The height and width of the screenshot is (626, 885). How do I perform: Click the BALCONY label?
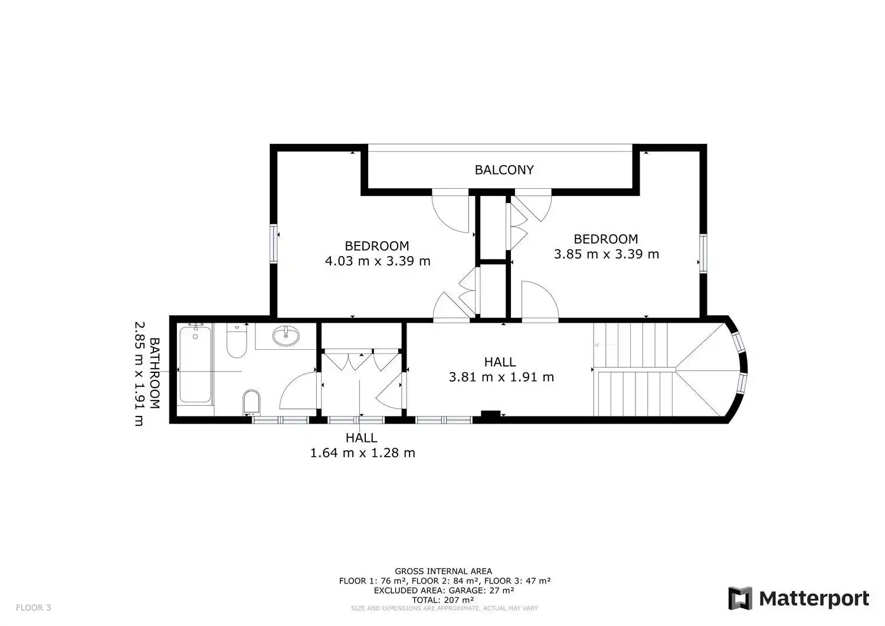[x=504, y=170]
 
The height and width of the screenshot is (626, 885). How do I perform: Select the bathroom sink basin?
[x=286, y=336]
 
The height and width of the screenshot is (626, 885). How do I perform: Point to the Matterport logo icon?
[x=740, y=598]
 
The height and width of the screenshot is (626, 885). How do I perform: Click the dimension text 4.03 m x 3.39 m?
[x=378, y=261]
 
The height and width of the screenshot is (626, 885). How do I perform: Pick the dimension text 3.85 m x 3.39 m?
[x=606, y=254]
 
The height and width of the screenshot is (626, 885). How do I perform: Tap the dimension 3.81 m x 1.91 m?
[x=501, y=377]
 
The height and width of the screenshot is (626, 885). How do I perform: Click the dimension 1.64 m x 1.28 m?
[x=362, y=453]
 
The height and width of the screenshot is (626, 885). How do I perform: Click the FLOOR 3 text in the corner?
[x=34, y=608]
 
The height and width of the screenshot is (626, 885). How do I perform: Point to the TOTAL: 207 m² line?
[x=443, y=600]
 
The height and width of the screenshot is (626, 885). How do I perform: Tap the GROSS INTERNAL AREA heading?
[x=443, y=571]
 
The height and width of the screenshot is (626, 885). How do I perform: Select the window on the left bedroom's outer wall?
[x=273, y=244]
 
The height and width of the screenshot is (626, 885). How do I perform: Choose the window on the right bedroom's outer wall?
[x=703, y=253]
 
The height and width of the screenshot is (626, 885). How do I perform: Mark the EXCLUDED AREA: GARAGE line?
[x=444, y=591]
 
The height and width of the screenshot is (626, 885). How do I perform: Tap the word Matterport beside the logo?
[x=814, y=599]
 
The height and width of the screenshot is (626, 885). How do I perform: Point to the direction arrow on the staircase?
[x=605, y=345]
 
